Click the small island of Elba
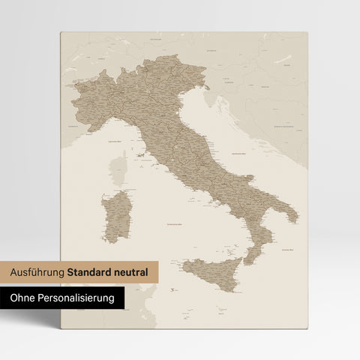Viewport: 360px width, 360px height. [140, 159]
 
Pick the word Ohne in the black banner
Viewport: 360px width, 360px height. [25, 298]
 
